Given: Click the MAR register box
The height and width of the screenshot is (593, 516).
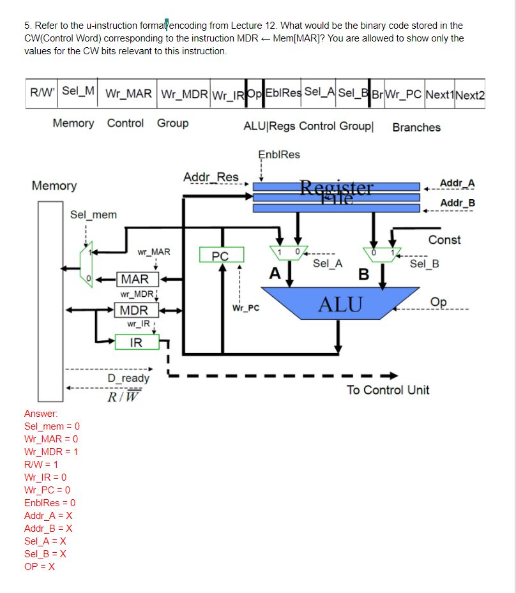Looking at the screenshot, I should coord(135,279).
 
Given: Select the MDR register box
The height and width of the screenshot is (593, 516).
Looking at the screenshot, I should coord(135,311).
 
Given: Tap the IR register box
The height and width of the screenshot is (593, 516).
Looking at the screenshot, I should coord(136,343).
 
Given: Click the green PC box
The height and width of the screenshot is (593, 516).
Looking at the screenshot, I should coord(220,256).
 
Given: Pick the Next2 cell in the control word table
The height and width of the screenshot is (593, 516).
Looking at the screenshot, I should coord(470,94).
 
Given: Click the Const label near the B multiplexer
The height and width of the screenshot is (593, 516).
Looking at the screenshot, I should coord(444,240).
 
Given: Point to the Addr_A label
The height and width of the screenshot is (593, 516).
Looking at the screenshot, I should coord(457,184).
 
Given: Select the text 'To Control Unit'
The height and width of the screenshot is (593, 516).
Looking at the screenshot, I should coord(388,390).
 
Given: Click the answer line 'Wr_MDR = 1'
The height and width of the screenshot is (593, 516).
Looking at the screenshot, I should coord(51,451).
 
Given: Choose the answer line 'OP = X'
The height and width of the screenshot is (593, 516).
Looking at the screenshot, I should coord(40,566).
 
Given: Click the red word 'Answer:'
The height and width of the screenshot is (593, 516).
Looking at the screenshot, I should coord(41,413).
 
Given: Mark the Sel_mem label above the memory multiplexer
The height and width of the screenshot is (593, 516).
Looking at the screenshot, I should coord(93,214).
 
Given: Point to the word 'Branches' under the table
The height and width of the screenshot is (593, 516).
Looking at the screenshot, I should coord(416,127).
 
